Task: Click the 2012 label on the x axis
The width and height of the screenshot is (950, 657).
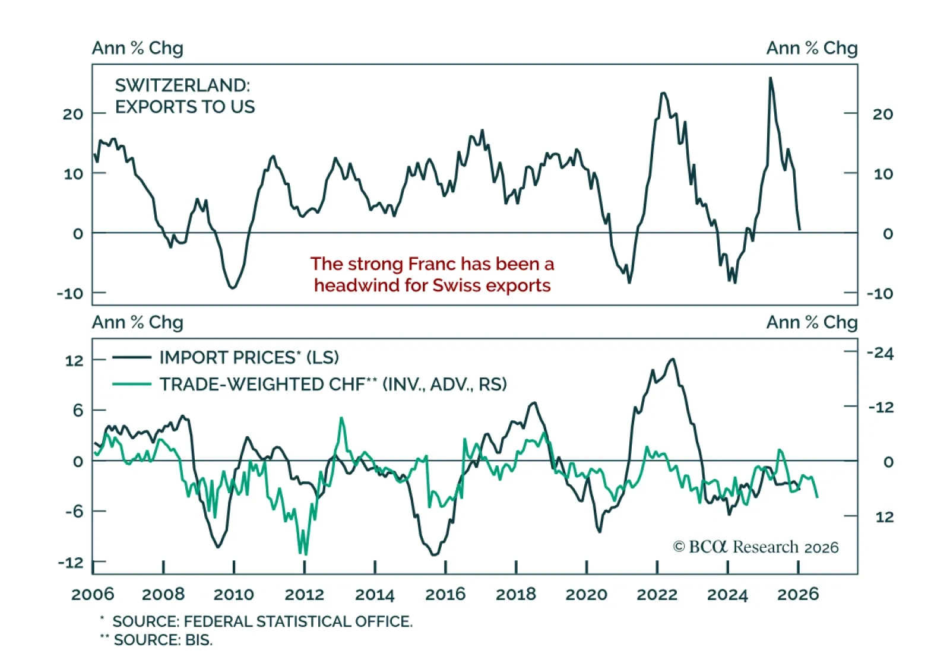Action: [x=304, y=594]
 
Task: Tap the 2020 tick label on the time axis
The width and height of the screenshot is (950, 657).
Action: [x=586, y=594]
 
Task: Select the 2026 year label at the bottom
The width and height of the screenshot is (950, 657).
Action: [x=798, y=594]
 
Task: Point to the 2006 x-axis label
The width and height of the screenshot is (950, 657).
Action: [x=93, y=594]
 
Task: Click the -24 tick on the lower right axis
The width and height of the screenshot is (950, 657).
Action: [x=880, y=354]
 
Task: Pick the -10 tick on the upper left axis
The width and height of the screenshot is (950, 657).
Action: [x=69, y=294]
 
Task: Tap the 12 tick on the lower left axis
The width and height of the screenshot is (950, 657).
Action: [x=74, y=361]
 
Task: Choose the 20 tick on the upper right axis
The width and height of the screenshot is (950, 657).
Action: [x=882, y=114]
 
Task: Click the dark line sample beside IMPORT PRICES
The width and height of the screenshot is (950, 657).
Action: [x=131, y=358]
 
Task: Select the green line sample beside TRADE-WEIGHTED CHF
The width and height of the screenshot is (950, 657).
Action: [x=131, y=385]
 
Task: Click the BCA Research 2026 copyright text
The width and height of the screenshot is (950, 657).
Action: [x=755, y=547]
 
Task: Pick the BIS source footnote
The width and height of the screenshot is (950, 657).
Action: [x=163, y=640]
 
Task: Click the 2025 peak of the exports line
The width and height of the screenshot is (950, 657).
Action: [x=770, y=78]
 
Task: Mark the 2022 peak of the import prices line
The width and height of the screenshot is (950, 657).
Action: [x=672, y=359]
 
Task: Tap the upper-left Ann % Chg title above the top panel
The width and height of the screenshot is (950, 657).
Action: [x=137, y=48]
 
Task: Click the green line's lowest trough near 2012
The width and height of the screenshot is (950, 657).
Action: [x=305, y=554]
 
